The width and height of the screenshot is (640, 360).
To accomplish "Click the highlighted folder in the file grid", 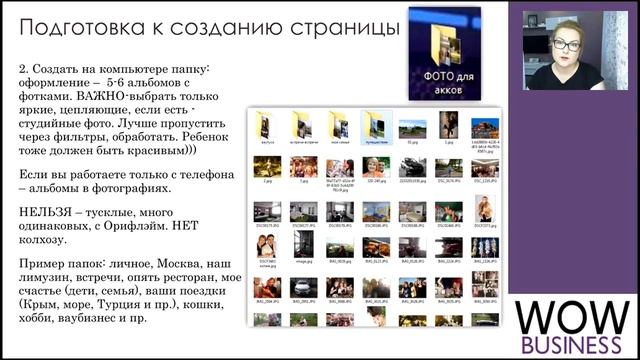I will (x=373, y=127).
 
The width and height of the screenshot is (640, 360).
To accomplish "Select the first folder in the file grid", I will (x=265, y=127).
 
